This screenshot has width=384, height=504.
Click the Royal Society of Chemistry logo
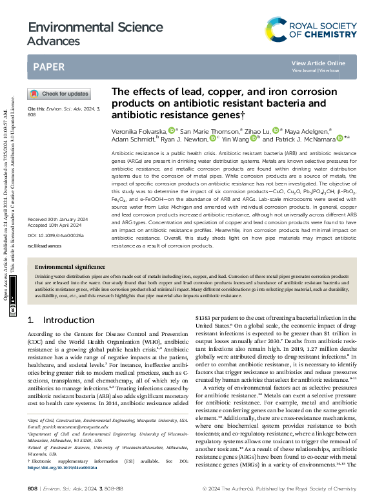311,28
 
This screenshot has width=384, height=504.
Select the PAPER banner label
48,67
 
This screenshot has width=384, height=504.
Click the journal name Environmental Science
81,28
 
